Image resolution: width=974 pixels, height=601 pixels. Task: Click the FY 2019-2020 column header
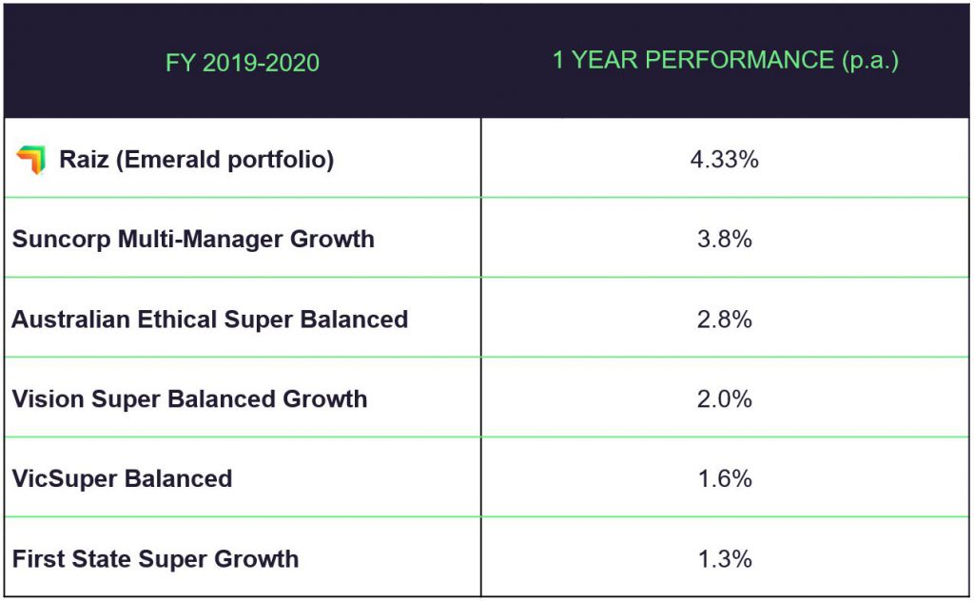243,63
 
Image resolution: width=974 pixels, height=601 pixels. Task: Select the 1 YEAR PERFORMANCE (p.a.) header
726,60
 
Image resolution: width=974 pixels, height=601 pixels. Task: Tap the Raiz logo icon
30,160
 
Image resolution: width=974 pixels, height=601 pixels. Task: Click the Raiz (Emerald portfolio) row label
196,159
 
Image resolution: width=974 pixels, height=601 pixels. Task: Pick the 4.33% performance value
725,159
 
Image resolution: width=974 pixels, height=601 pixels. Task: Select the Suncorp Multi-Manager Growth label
193,239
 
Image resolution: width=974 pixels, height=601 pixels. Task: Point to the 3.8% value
725,239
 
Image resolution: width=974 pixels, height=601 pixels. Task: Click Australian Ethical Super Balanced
209,319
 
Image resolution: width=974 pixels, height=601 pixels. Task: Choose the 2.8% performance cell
725,319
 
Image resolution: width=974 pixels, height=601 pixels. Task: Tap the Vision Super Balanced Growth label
189,398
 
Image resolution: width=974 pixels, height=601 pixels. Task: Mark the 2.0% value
725,398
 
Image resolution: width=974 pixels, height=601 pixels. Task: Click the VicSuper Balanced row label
122,478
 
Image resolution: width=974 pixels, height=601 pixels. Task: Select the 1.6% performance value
725,478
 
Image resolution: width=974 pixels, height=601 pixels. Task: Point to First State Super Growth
155,558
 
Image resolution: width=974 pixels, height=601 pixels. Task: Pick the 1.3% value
725,558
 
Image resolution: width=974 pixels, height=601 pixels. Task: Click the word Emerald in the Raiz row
177,159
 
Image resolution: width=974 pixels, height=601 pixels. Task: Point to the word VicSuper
60,478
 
